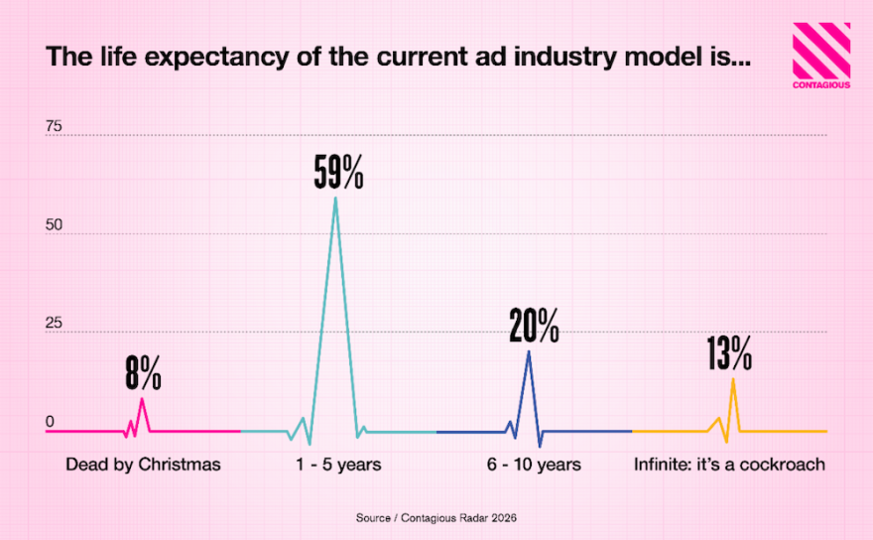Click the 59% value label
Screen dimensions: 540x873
[x=338, y=174]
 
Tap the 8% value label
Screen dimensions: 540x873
[x=143, y=373]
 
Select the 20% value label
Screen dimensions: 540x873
[x=534, y=326]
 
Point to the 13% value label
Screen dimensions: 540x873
[x=729, y=353]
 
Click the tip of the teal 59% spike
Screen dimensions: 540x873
[x=335, y=198]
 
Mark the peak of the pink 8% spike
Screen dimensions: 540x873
[x=142, y=398]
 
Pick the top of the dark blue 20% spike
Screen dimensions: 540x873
[x=529, y=351]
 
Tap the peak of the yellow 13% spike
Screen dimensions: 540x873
[x=733, y=378]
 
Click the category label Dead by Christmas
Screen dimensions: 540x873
[x=143, y=465]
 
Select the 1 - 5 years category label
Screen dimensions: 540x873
[x=339, y=465]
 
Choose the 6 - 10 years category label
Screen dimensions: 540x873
[x=534, y=465]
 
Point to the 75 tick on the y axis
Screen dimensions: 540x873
[x=54, y=127]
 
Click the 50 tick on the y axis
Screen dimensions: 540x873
[x=54, y=225]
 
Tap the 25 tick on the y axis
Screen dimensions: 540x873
[x=54, y=324]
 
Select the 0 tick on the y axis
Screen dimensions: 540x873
[x=50, y=422]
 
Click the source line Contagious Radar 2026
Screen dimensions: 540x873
[x=436, y=518]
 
